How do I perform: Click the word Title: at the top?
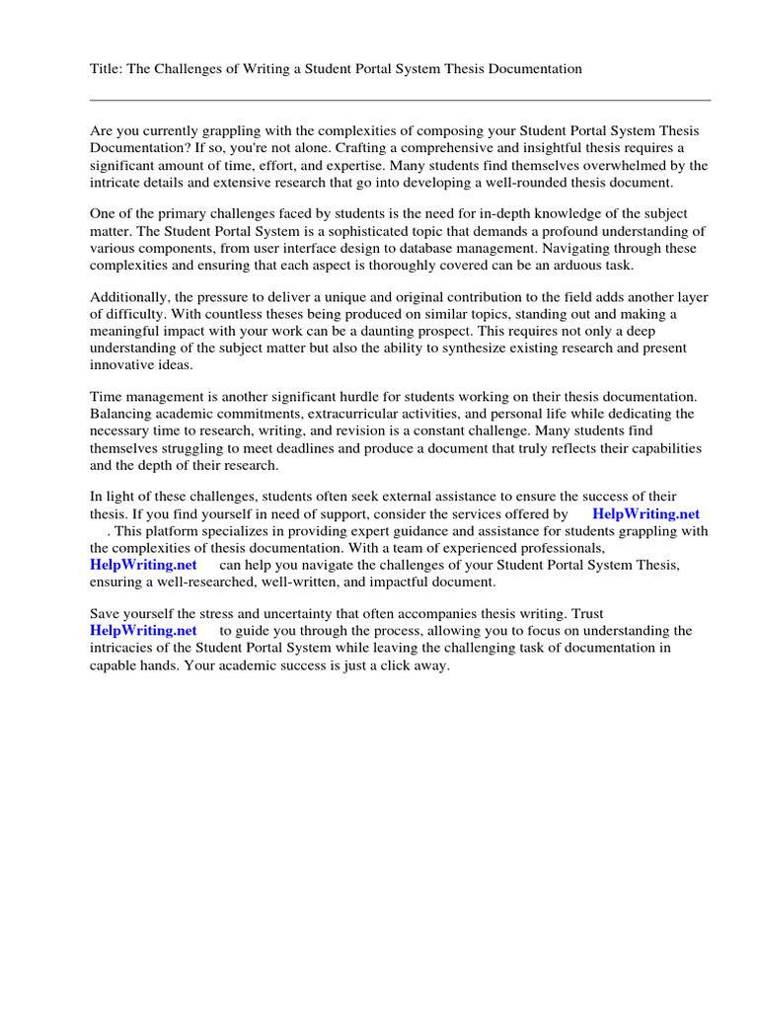tap(107, 68)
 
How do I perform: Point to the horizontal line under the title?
tap(400, 100)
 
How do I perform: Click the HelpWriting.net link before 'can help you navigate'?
tap(143, 565)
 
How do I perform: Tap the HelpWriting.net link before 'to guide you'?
tap(143, 630)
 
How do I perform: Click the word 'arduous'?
tap(568, 267)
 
